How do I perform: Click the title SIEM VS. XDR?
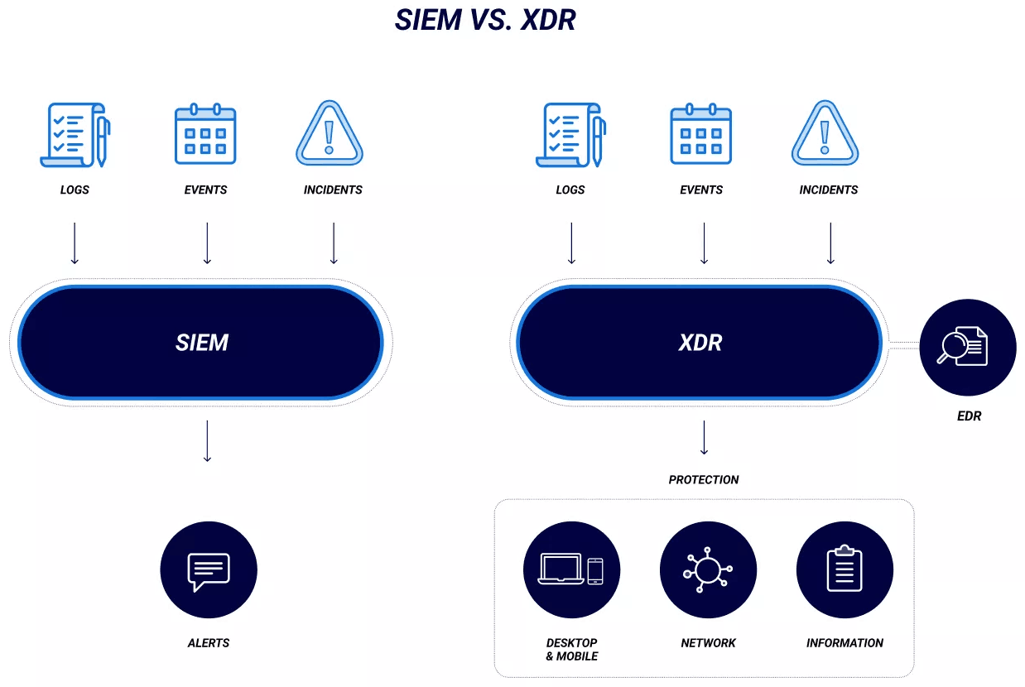coord(485,20)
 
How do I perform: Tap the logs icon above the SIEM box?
coord(75,135)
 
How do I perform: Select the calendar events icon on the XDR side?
coord(701,135)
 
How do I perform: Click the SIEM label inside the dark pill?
coord(201,343)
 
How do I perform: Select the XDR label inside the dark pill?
coord(700,343)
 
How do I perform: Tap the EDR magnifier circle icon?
coord(967,347)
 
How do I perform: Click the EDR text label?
coord(969,416)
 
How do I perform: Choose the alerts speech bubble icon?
coord(209,570)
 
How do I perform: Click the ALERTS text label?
coord(209,643)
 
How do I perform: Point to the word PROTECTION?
coord(704,480)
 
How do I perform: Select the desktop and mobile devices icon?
coord(571,570)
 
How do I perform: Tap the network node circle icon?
coord(708,570)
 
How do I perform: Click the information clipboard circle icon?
coord(845,570)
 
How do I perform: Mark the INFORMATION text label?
coord(845,643)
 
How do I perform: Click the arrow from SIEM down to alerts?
coord(208,441)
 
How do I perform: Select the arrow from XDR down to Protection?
coord(704,438)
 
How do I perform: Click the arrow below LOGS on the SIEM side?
coord(75,243)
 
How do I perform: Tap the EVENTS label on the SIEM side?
coord(205,190)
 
